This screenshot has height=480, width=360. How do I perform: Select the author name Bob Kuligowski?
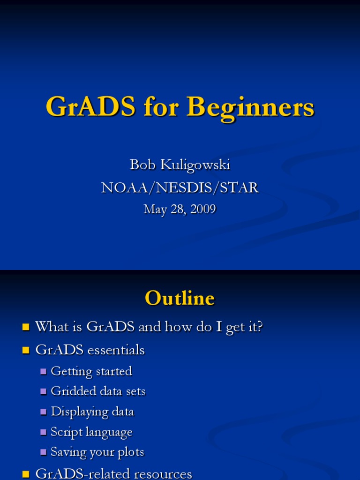click(180, 165)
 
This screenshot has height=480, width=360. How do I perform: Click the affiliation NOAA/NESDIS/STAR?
click(180, 187)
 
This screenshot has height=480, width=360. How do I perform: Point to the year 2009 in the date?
click(203, 209)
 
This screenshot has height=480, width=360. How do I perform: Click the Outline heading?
click(180, 298)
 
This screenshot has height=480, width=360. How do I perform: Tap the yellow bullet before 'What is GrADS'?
click(26, 327)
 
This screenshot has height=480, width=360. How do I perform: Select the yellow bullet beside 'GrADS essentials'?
click(26, 350)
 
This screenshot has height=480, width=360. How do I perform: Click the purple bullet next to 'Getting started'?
click(44, 372)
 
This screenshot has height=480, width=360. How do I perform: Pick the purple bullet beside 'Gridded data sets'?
click(44, 392)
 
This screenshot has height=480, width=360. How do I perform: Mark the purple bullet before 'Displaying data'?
click(44, 412)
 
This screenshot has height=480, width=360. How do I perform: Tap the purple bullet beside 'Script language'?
click(44, 432)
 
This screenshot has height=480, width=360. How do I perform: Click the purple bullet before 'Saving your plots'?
click(44, 452)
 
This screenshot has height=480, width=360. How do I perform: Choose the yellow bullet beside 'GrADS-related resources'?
click(26, 474)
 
